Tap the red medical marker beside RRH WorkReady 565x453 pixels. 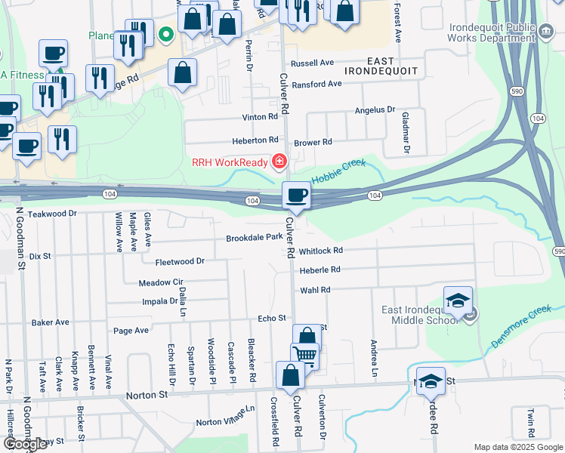click(279, 161)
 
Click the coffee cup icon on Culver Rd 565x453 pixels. click(296, 196)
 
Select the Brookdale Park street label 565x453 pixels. click(254, 238)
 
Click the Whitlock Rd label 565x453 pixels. click(320, 251)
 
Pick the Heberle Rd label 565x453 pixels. click(320, 270)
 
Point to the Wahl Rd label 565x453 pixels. click(315, 290)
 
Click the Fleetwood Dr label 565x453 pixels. click(180, 261)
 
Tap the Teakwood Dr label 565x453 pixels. click(52, 214)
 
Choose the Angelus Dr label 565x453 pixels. click(375, 110)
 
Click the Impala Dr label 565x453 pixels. click(159, 301)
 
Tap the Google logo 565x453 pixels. click(25, 445)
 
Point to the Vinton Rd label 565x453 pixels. click(260, 117)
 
